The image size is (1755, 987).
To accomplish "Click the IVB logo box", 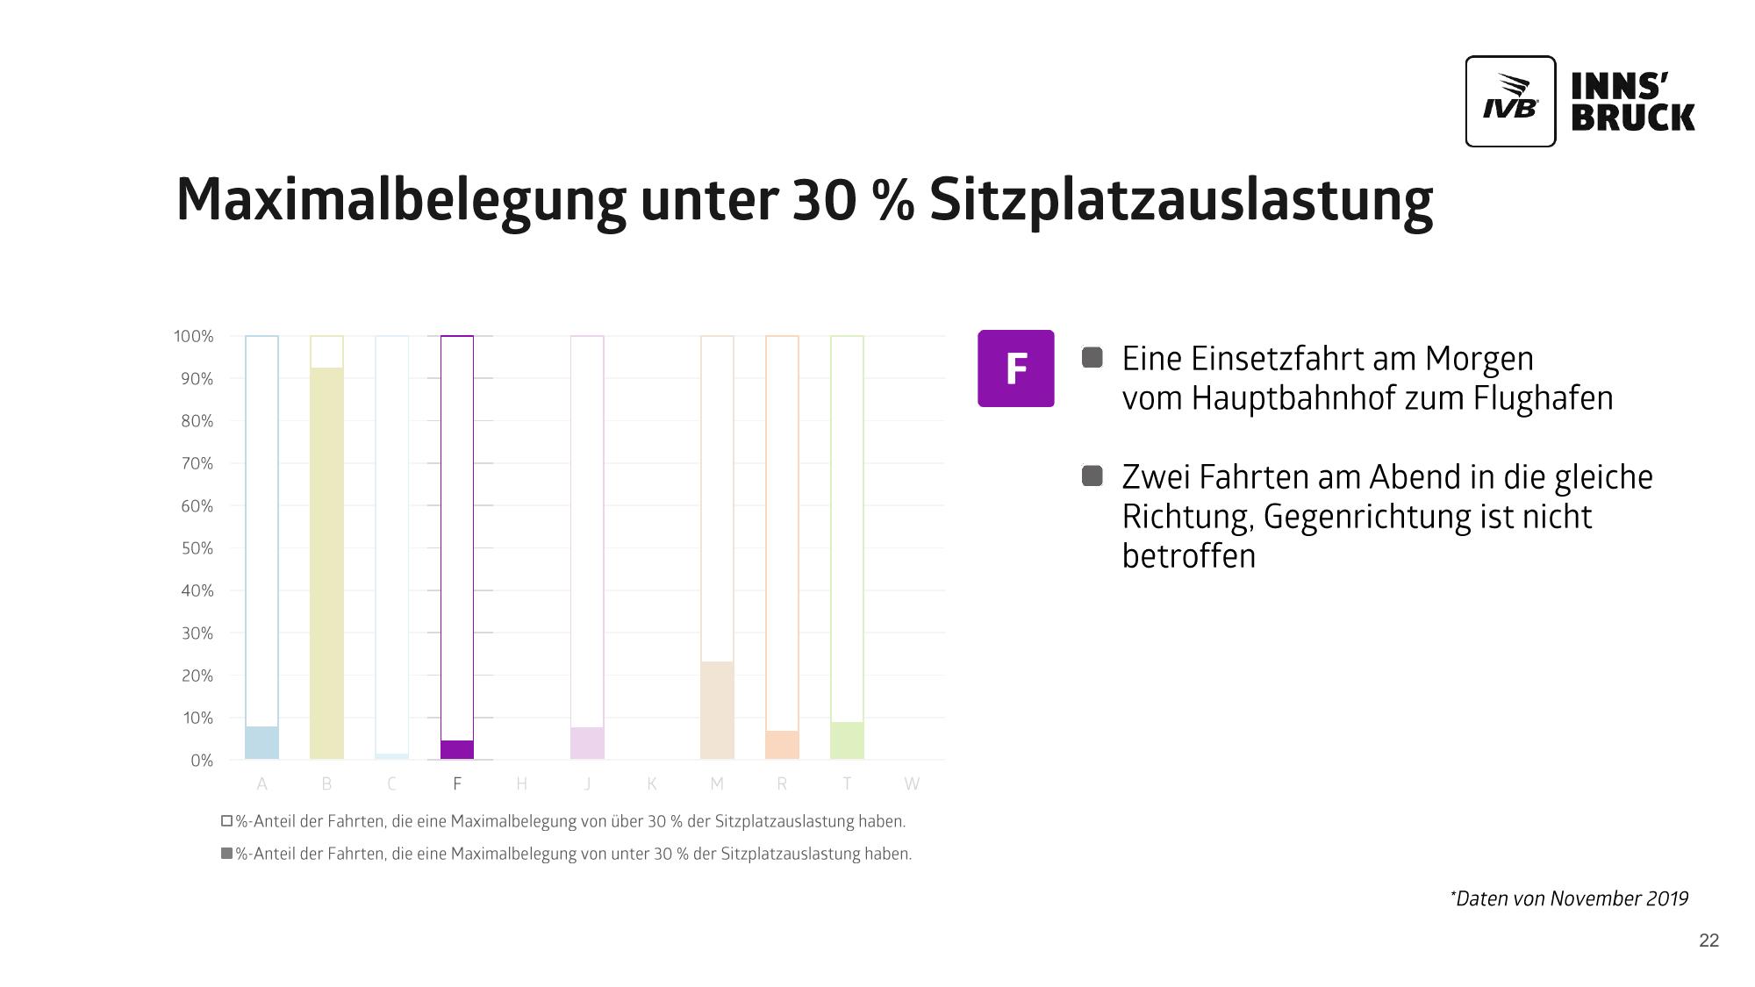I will click(1510, 102).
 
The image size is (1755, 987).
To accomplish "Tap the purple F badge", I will click(1015, 368).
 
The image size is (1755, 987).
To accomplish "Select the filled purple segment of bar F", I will click(457, 749).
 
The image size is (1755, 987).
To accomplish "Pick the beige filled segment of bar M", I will click(717, 710).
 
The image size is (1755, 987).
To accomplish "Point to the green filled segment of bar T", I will click(847, 740).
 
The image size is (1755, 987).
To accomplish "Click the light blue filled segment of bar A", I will click(261, 742).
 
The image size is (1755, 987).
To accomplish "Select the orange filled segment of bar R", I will click(782, 745).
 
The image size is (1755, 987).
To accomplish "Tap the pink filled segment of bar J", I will click(587, 743).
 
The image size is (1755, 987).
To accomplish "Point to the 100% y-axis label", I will click(193, 336).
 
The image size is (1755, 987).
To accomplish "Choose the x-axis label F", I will click(457, 783).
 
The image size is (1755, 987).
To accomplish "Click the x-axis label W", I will click(912, 783).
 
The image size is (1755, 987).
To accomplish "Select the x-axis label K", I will click(652, 783).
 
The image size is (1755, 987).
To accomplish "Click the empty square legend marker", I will click(227, 821).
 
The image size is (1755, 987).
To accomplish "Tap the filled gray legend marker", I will click(227, 853).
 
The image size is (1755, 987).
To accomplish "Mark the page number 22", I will click(1708, 941).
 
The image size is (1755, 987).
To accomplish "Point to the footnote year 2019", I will click(1667, 898).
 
